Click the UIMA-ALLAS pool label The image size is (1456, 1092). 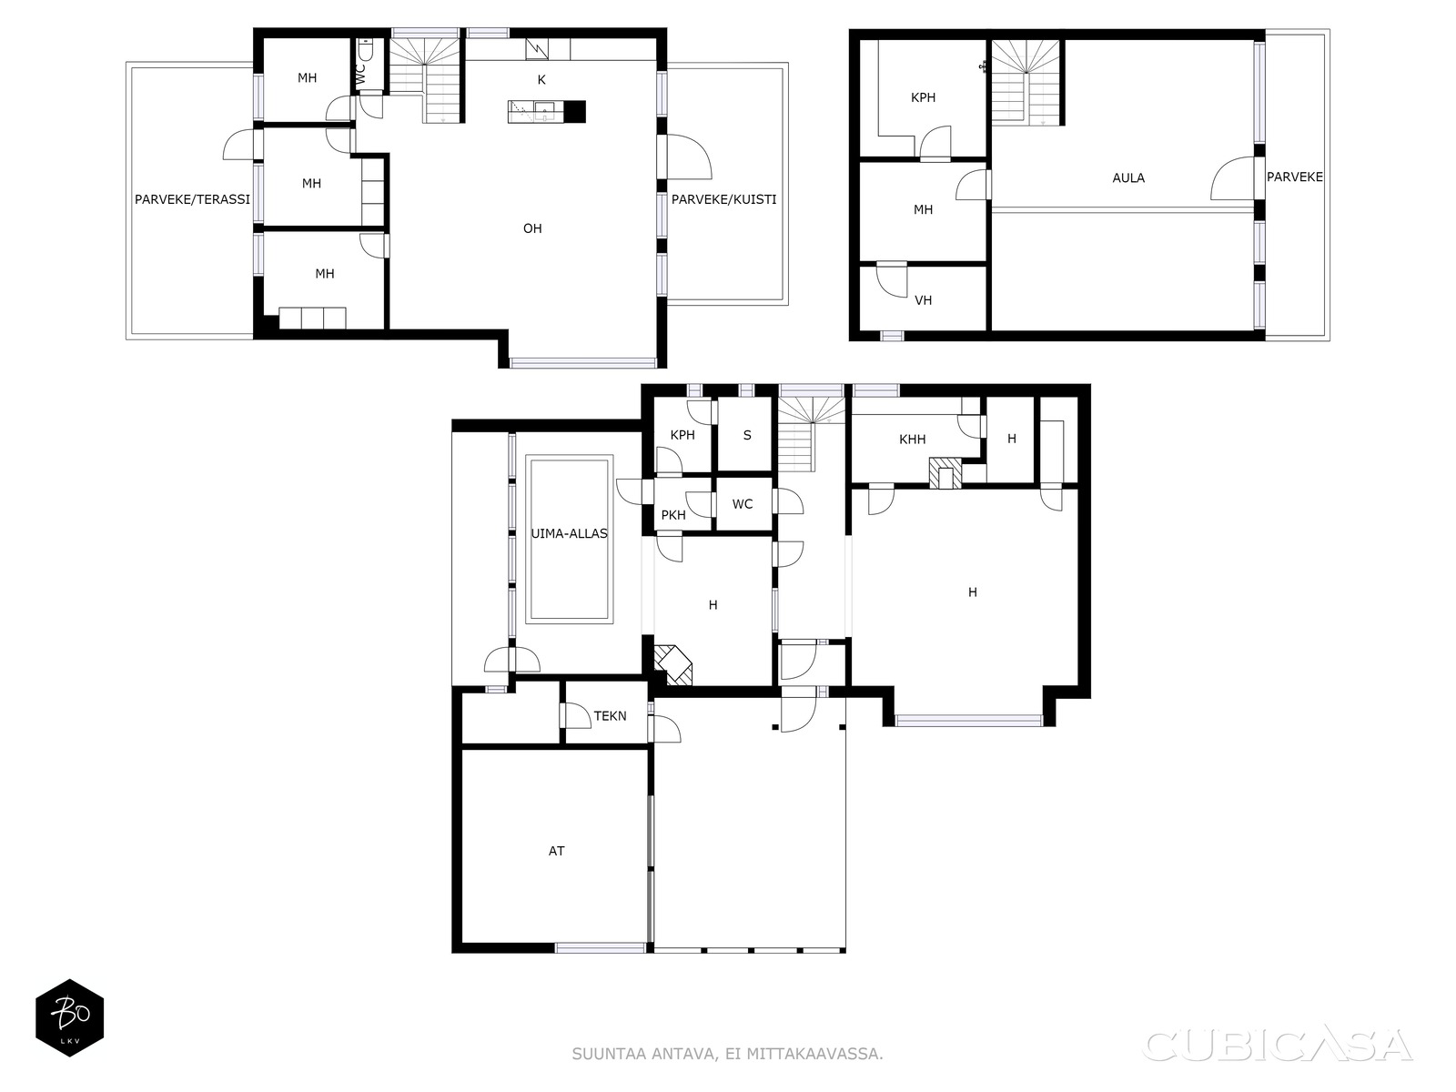point(569,534)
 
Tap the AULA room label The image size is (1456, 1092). point(1128,177)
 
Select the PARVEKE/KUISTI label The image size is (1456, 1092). point(723,199)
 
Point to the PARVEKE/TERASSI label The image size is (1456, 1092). point(192,199)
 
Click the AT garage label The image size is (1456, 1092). point(556,851)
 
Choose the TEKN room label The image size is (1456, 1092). point(610,716)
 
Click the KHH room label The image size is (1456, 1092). point(912,439)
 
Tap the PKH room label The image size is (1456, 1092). point(673,515)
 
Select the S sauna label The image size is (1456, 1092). point(747,436)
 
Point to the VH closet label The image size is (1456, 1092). point(923,300)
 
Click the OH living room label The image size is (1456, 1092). point(532,228)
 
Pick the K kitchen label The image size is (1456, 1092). point(541,80)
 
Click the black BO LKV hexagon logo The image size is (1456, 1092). point(70,1017)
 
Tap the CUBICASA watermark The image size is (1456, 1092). point(1277,1045)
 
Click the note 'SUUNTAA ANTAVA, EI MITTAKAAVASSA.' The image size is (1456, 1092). point(727,1054)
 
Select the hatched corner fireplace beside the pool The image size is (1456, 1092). point(673,665)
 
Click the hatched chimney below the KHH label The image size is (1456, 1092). point(945,473)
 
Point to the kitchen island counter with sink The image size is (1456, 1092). point(547,111)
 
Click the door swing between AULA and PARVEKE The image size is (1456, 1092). point(1232,178)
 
